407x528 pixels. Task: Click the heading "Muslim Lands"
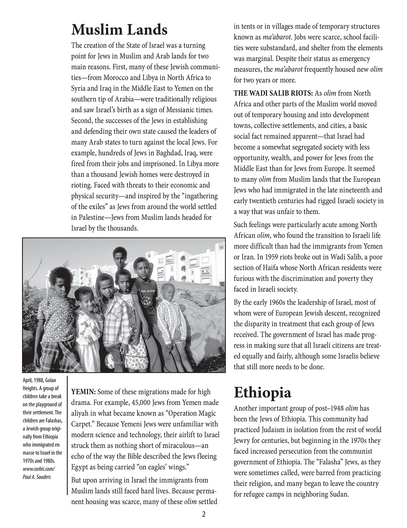(119, 30)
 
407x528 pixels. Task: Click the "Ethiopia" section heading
(262, 392)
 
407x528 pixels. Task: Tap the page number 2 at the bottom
(203, 514)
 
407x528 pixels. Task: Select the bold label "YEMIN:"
(83, 392)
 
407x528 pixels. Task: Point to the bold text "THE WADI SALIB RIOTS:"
(273, 93)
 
